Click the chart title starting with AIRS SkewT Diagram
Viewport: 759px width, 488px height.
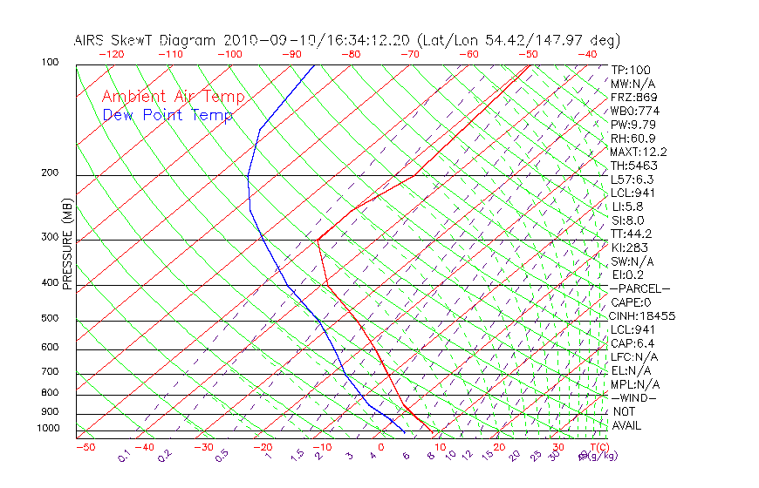(x=346, y=40)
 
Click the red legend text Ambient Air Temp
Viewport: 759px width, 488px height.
(x=173, y=98)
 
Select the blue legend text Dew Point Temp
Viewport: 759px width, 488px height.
(x=168, y=115)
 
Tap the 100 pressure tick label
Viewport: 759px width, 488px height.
(x=50, y=63)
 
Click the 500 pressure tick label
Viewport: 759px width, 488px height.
(x=50, y=318)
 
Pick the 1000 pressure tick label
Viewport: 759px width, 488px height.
(x=47, y=429)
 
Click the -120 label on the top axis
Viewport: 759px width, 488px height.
(x=111, y=54)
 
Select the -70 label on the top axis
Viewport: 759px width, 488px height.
(x=408, y=54)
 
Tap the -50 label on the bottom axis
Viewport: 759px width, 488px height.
(x=85, y=447)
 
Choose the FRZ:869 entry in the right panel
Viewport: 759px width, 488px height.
(x=634, y=98)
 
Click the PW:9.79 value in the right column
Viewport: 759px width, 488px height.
(x=634, y=125)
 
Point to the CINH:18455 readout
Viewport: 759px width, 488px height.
(x=643, y=316)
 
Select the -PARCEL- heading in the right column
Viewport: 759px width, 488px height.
(x=640, y=288)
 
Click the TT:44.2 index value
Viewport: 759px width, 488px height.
(x=632, y=234)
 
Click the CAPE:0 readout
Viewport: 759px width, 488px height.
(x=632, y=302)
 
